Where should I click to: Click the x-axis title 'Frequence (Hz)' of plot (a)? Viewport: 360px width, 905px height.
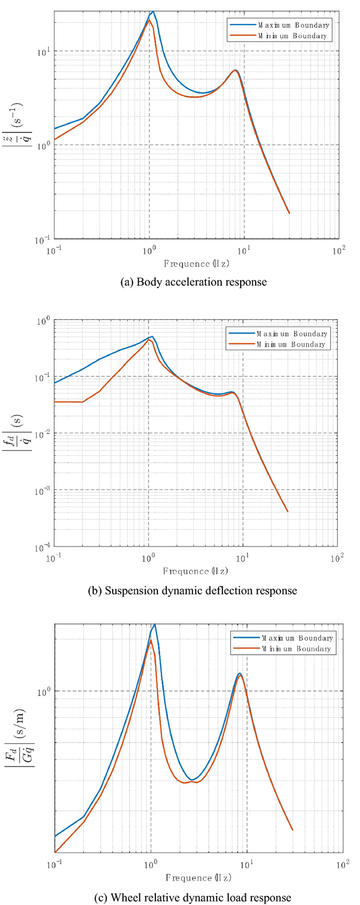196,263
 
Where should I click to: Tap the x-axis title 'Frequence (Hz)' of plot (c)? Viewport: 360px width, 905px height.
197,877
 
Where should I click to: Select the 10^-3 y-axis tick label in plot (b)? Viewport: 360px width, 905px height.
43,490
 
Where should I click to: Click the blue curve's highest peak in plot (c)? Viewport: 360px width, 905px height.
154,624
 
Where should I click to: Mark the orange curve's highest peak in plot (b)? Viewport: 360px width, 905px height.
149,340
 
